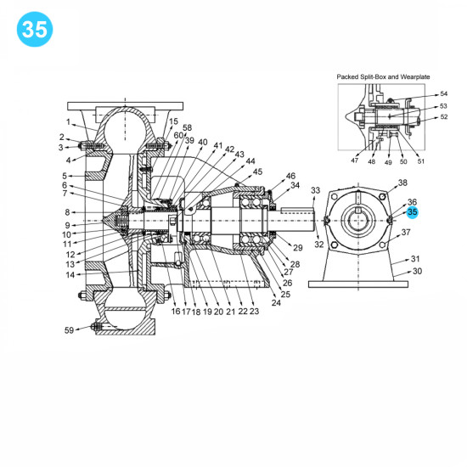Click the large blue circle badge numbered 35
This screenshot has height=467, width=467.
(x=35, y=30)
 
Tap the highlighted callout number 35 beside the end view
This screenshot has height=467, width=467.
(x=413, y=211)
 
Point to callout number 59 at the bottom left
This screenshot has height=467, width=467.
(x=70, y=329)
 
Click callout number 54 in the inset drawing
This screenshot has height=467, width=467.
(x=442, y=94)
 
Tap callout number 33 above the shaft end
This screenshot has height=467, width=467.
(x=316, y=190)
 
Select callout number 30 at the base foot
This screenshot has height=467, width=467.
(x=416, y=273)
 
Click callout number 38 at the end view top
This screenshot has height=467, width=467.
(x=402, y=183)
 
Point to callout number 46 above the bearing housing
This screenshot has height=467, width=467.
(x=290, y=175)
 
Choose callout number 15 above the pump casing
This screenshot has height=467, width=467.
(x=173, y=121)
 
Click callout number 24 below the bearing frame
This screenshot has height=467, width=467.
(x=276, y=302)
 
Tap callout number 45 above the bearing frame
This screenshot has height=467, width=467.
(x=257, y=171)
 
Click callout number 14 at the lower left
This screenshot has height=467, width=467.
(x=70, y=273)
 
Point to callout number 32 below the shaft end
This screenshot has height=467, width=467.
(x=319, y=245)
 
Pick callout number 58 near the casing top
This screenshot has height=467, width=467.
(x=187, y=127)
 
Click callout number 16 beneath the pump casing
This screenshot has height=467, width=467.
(x=176, y=312)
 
